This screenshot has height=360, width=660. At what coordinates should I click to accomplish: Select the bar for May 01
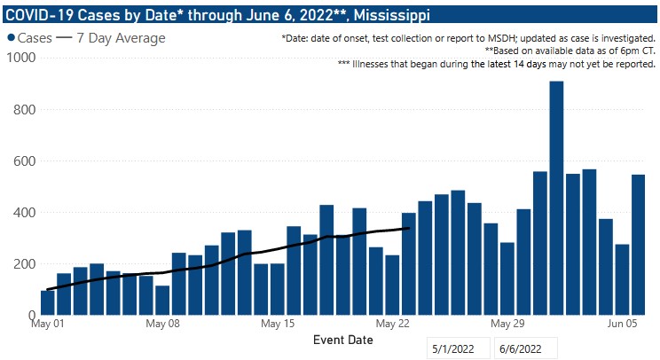coord(47,302)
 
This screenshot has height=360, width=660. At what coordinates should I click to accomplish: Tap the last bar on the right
coord(638,245)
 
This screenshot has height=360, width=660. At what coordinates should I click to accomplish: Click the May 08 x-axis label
coord(162,324)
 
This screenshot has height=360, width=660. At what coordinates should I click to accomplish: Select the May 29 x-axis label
coord(508,324)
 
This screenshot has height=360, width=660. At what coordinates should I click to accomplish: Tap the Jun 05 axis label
coord(624,324)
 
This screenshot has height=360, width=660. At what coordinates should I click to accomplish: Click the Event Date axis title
coord(343,340)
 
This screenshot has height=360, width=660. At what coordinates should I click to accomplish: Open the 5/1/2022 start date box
coord(458,348)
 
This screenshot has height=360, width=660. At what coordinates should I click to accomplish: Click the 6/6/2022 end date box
coord(524,348)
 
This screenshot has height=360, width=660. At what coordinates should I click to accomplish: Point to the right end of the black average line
coord(408,228)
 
